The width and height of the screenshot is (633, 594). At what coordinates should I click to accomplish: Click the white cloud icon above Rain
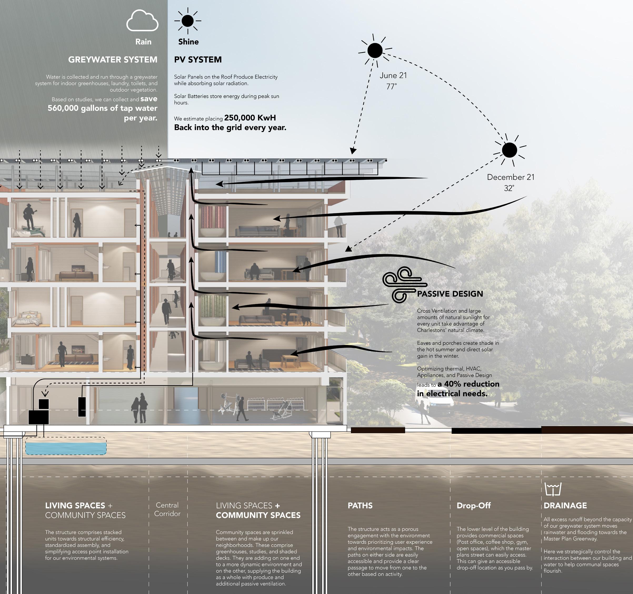[142, 21]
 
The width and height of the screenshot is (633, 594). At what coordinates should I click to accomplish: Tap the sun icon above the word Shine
[188, 21]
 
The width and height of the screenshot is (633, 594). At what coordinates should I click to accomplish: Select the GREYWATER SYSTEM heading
[113, 60]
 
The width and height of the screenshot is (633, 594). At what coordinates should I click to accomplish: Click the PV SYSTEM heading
[198, 60]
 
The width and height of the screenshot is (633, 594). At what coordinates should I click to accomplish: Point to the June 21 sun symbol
[375, 51]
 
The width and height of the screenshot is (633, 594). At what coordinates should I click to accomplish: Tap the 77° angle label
[392, 86]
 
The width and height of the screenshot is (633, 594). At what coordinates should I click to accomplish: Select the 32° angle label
[509, 188]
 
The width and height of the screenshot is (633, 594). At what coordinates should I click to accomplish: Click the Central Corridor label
[167, 509]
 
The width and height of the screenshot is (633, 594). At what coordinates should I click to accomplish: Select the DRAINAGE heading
[565, 505]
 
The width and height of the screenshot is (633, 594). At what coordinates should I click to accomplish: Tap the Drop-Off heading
[473, 505]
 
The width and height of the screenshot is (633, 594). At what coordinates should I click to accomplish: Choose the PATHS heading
[360, 505]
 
